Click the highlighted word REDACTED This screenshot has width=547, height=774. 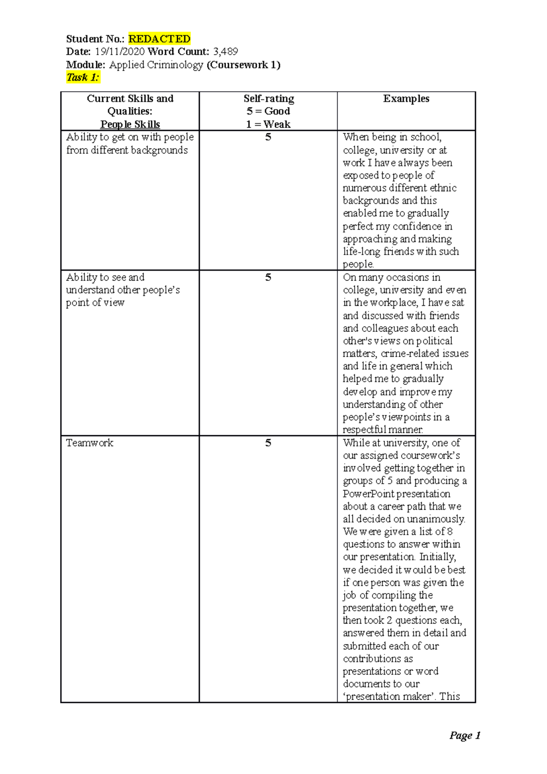point(159,39)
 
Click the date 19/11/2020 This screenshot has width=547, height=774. point(119,52)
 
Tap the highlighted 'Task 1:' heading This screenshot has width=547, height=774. point(83,77)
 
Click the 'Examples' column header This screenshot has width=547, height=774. point(406,98)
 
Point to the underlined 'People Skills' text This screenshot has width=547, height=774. point(130,124)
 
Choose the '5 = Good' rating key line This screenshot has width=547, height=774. point(268,111)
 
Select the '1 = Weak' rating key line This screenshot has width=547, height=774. point(268,124)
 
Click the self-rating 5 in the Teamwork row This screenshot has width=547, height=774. point(268,443)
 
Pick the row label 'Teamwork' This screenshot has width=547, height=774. point(89,443)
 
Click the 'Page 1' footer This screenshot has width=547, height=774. point(464,735)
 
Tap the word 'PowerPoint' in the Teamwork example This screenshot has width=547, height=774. point(368,494)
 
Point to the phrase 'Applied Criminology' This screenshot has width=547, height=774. point(156,65)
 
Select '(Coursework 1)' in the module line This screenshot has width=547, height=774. point(243,65)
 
